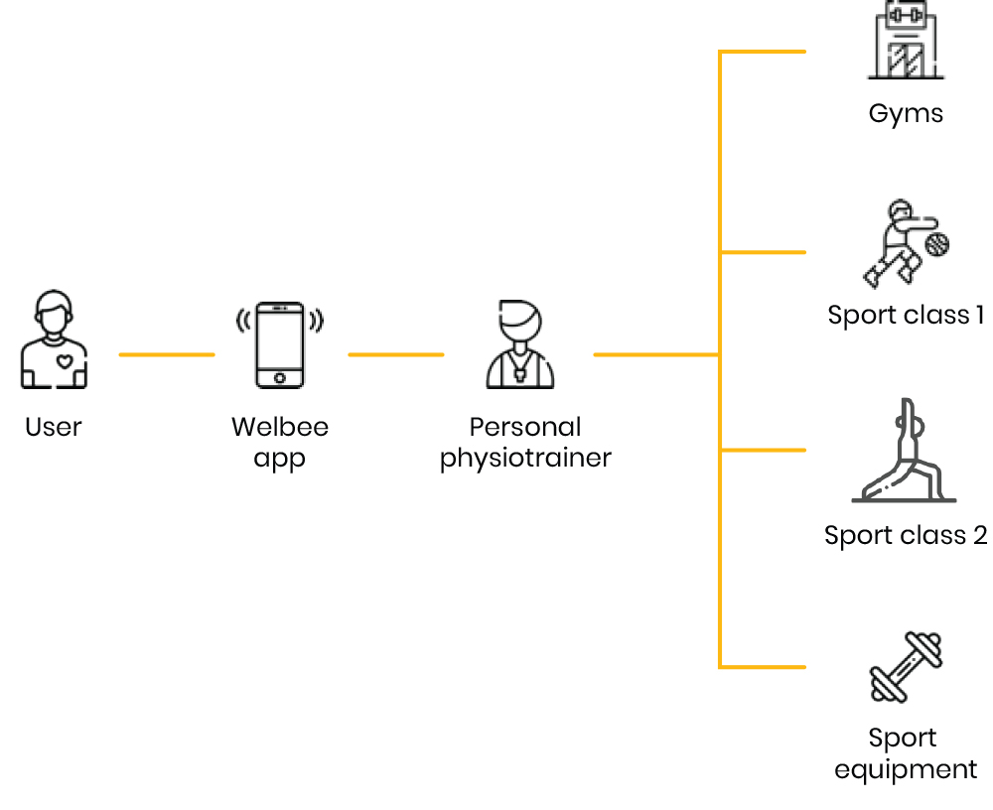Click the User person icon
[54, 339]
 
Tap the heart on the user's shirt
[65, 361]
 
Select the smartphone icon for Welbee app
[279, 344]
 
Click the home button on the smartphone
[279, 377]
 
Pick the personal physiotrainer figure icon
[520, 344]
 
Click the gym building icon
[905, 42]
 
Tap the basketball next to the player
[936, 244]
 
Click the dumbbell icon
[905, 667]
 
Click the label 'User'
[54, 427]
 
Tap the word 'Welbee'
[279, 427]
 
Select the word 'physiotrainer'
[525, 459]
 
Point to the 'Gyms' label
[905, 113]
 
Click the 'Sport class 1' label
[905, 316]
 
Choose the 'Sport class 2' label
[905, 536]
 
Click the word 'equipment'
[905, 769]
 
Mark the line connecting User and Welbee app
[166, 354]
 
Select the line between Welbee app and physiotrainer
[395, 354]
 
